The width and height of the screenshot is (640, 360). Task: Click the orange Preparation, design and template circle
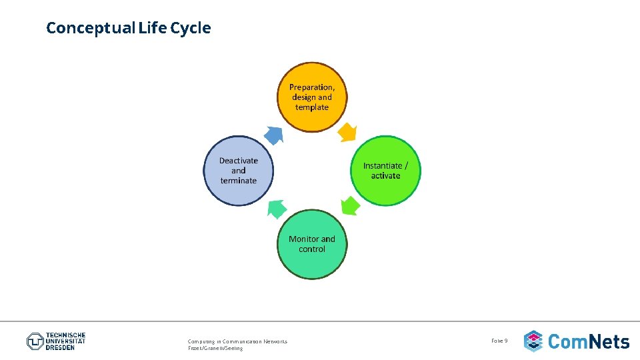tap(312, 97)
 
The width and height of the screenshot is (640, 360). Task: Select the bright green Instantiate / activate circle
tap(385, 171)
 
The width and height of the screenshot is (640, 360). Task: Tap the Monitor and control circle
tap(312, 244)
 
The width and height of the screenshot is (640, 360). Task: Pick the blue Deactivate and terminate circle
tap(239, 171)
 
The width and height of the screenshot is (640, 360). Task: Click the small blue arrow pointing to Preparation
tap(273, 135)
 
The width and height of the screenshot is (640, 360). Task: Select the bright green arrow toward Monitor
tap(350, 206)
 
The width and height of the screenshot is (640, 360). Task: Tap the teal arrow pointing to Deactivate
tap(277, 209)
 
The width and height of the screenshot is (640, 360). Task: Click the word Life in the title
tap(153, 28)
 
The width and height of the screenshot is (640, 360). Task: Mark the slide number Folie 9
tap(499, 341)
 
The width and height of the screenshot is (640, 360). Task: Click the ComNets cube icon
tap(533, 341)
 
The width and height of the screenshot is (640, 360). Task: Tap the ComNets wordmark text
tap(589, 342)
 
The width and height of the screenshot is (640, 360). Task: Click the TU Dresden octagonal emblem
tap(35, 341)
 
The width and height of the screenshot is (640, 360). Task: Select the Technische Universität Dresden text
tap(65, 341)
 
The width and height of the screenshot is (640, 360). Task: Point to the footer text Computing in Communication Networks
tap(237, 341)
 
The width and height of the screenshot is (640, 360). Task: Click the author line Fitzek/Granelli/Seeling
tap(215, 349)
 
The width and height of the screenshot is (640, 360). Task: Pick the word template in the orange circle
tap(312, 107)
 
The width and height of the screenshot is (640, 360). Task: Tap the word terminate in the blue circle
tap(239, 181)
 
